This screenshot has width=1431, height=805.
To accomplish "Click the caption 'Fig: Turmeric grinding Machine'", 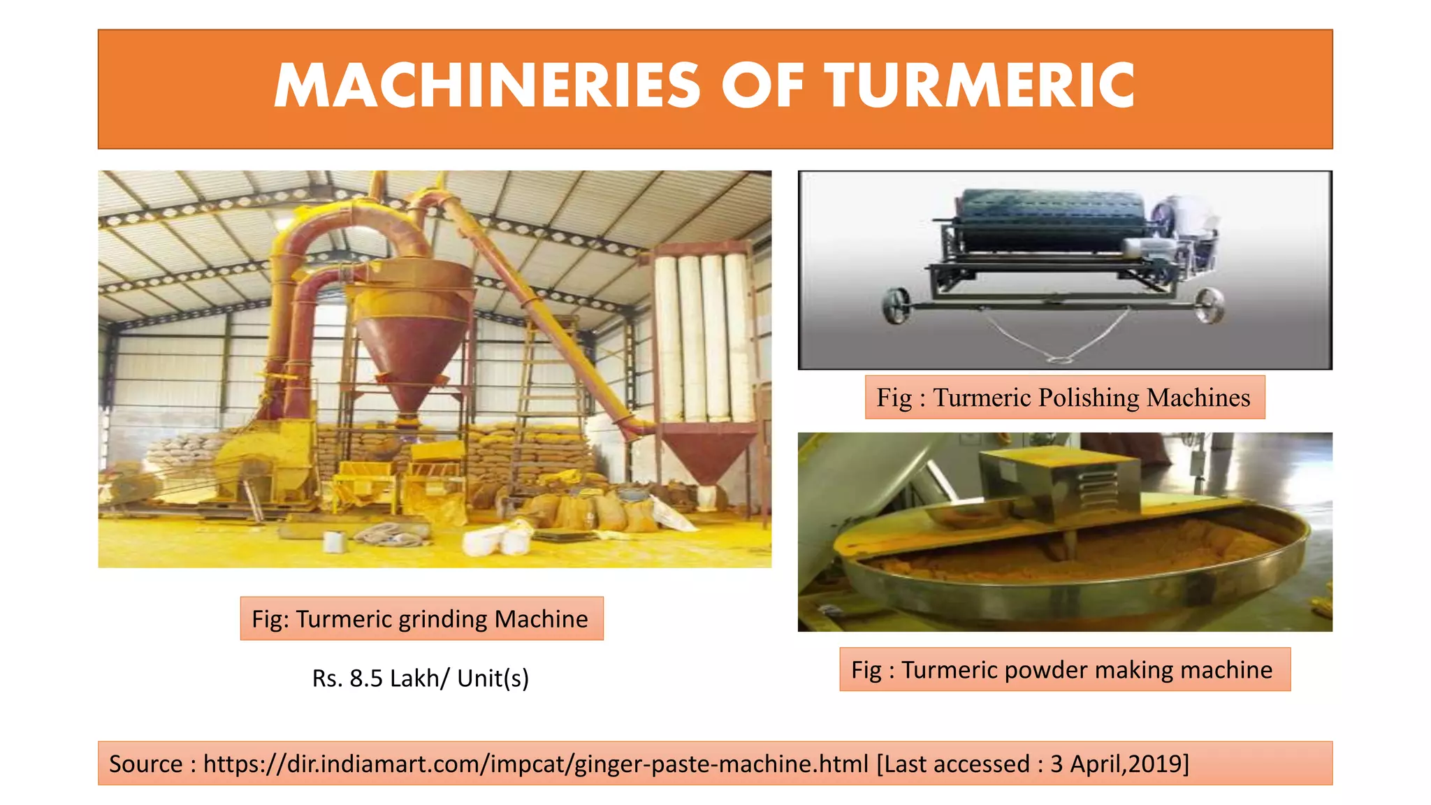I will [x=421, y=619].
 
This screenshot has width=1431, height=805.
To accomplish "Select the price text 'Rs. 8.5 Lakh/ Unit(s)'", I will [x=421, y=678].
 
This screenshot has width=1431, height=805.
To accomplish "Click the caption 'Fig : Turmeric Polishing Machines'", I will [x=1063, y=398].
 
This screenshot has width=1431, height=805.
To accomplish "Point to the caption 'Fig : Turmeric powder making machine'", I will [x=1063, y=669].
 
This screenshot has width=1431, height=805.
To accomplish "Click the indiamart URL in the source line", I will [x=536, y=764].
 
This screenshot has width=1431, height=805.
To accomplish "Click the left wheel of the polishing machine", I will [x=895, y=306].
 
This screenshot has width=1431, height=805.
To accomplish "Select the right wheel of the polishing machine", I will [x=1209, y=306].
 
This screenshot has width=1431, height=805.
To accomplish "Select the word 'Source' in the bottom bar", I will [x=145, y=764].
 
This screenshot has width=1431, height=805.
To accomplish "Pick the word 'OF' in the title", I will [x=762, y=87].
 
